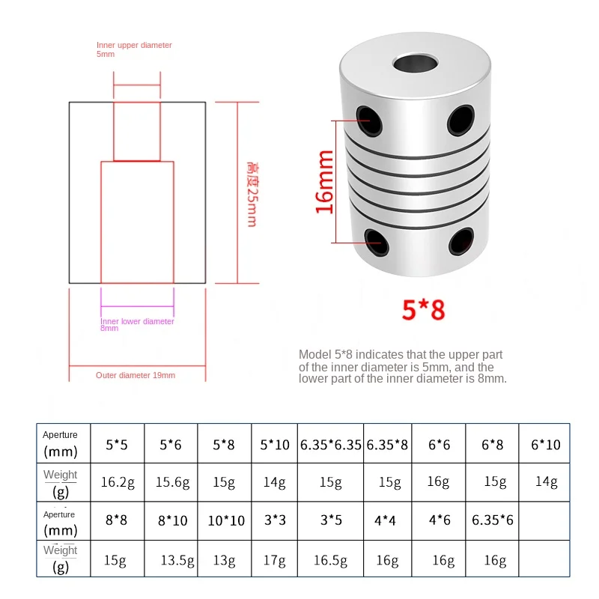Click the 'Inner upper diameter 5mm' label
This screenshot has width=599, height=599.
(134, 49)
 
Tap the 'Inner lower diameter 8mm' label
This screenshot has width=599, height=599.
(137, 324)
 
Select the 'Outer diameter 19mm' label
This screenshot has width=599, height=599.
(136, 375)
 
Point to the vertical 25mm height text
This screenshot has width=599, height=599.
(252, 195)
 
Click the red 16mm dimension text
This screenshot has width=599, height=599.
(325, 182)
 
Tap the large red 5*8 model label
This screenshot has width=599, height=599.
(424, 309)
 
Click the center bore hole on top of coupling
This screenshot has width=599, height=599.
(416, 64)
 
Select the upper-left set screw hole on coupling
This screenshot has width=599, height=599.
(369, 121)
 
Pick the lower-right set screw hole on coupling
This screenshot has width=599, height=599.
(461, 241)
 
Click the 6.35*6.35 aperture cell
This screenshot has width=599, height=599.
(330, 445)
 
